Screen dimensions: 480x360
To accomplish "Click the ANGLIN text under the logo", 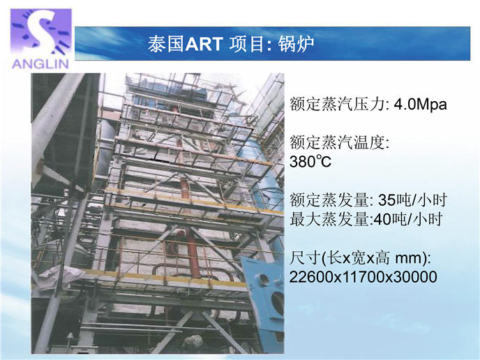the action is [x=40, y=63].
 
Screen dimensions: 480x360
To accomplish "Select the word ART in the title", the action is [x=204, y=44].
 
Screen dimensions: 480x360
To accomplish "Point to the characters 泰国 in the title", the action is [x=166, y=44].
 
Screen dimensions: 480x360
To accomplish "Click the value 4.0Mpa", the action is [x=420, y=105].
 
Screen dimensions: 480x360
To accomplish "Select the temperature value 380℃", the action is [x=310, y=161].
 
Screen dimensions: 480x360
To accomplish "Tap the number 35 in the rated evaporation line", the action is [x=387, y=200].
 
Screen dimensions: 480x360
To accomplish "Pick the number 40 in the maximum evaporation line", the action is [x=382, y=219].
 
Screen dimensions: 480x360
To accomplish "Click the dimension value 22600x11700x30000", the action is [x=363, y=277].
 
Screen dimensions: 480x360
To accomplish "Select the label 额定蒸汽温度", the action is [x=338, y=143].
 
